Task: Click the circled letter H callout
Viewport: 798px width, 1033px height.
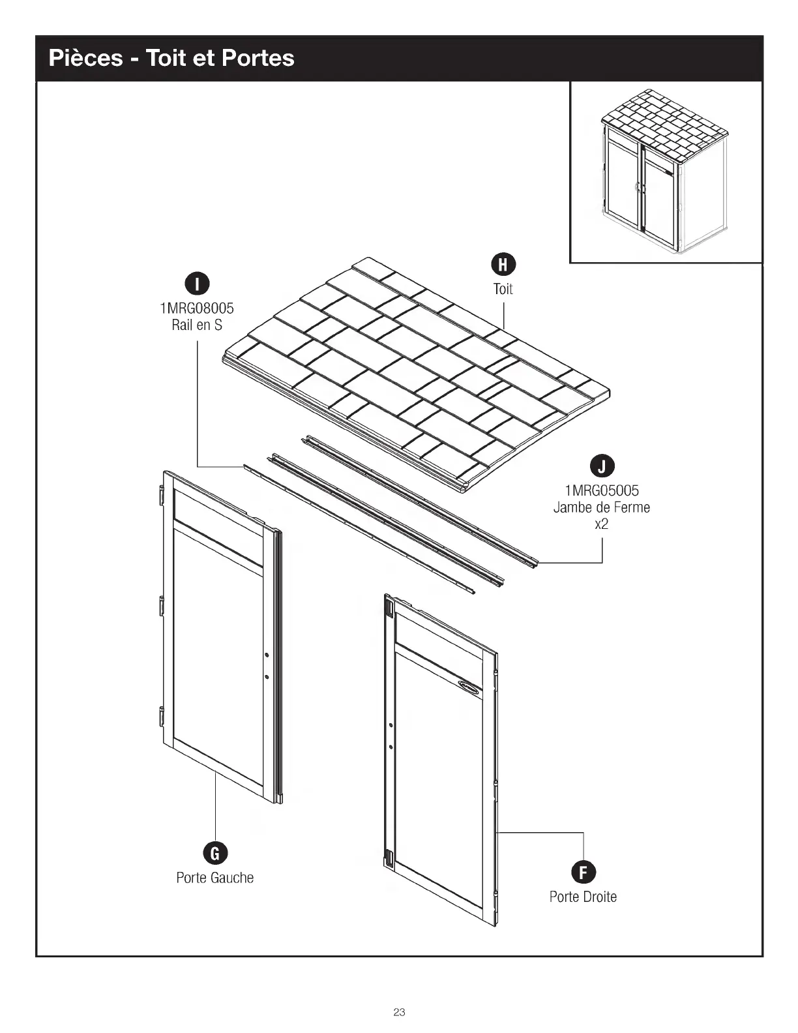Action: (503, 264)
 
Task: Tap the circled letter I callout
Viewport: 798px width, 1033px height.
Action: (197, 284)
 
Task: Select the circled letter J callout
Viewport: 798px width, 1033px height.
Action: (602, 466)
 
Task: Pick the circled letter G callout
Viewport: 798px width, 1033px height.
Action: (215, 853)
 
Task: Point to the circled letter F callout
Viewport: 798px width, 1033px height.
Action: (583, 873)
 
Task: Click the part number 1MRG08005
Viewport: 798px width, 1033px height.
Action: (197, 308)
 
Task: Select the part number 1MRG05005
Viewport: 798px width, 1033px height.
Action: (602, 490)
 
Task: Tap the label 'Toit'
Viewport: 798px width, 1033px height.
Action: (503, 289)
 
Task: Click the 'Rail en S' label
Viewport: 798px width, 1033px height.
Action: (197, 325)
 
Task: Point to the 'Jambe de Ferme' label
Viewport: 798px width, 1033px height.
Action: (602, 507)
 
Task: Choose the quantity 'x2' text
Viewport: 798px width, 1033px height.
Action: (602, 524)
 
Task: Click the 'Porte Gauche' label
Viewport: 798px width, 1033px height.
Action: (215, 878)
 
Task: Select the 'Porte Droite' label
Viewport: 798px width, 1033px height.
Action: (583, 897)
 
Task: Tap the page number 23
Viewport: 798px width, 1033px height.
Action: (399, 1012)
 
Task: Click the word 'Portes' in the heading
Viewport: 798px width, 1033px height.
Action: (258, 58)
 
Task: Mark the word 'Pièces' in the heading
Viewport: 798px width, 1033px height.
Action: (85, 58)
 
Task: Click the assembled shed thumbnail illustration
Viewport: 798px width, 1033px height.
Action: (665, 172)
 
